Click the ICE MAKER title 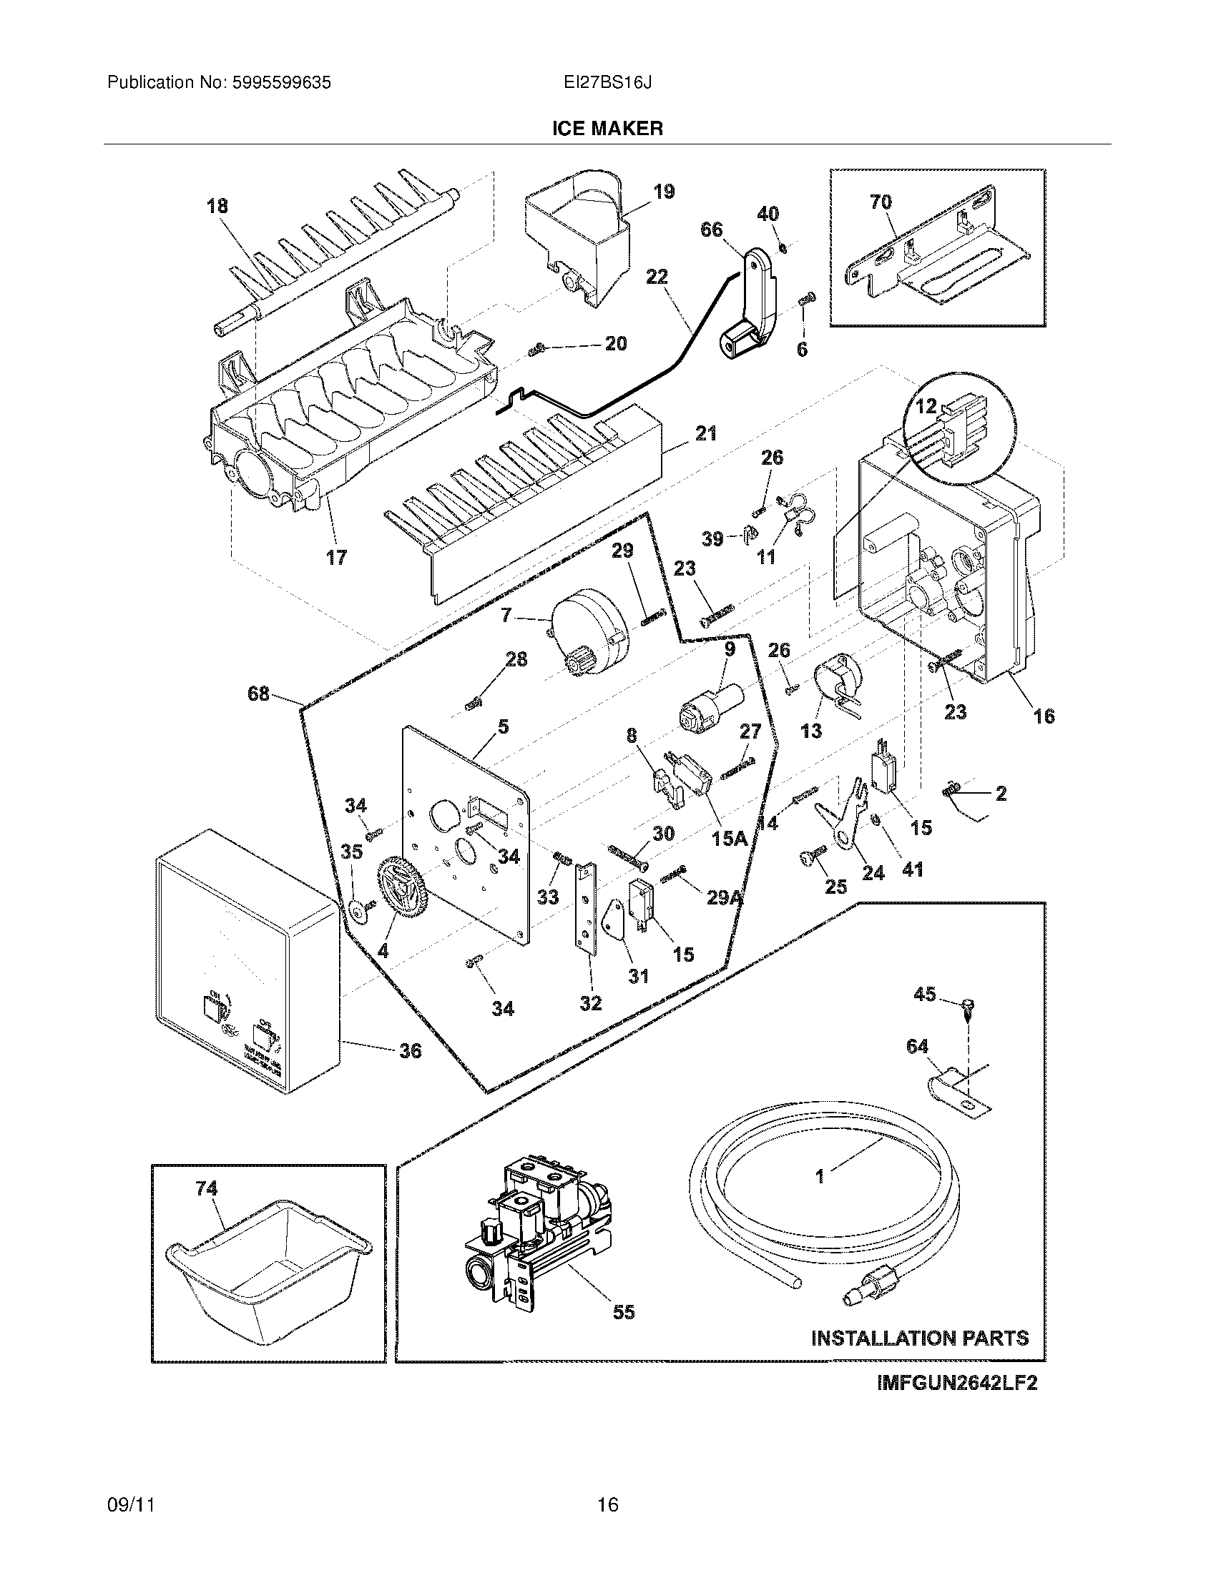[607, 129]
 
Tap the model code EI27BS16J [607, 83]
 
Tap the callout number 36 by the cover [410, 1051]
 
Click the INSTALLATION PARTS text [920, 1338]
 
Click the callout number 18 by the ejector [217, 206]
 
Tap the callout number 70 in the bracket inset [881, 202]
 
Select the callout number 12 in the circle [926, 406]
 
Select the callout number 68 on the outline [258, 694]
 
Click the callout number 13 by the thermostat [810, 731]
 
